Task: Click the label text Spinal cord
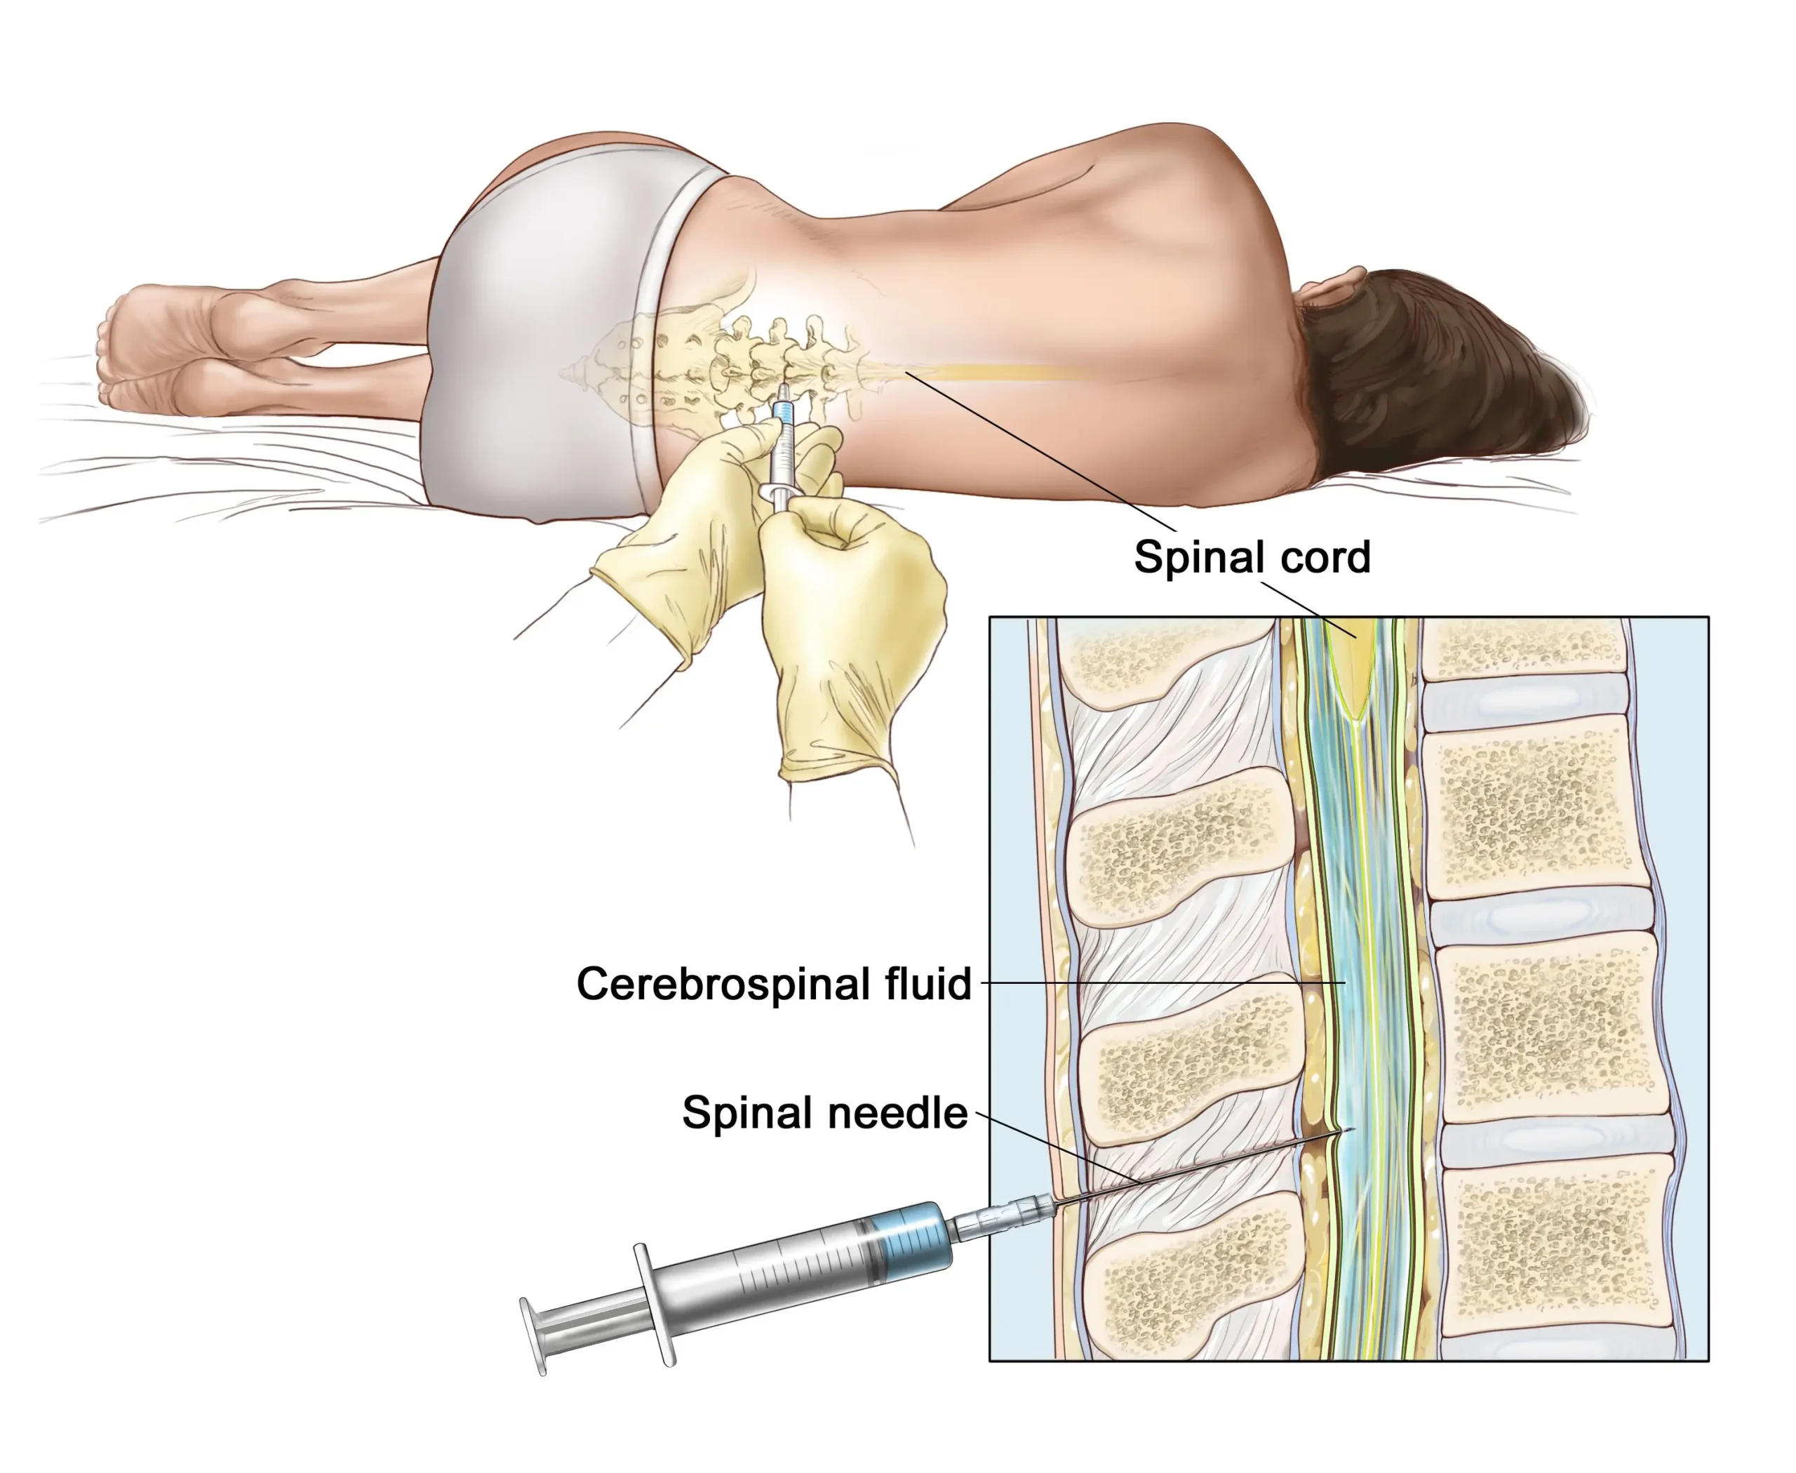click(1252, 557)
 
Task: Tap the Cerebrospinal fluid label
click(774, 985)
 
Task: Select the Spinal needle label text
click(824, 1112)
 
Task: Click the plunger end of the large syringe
click(532, 1335)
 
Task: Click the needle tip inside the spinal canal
click(1354, 1128)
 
